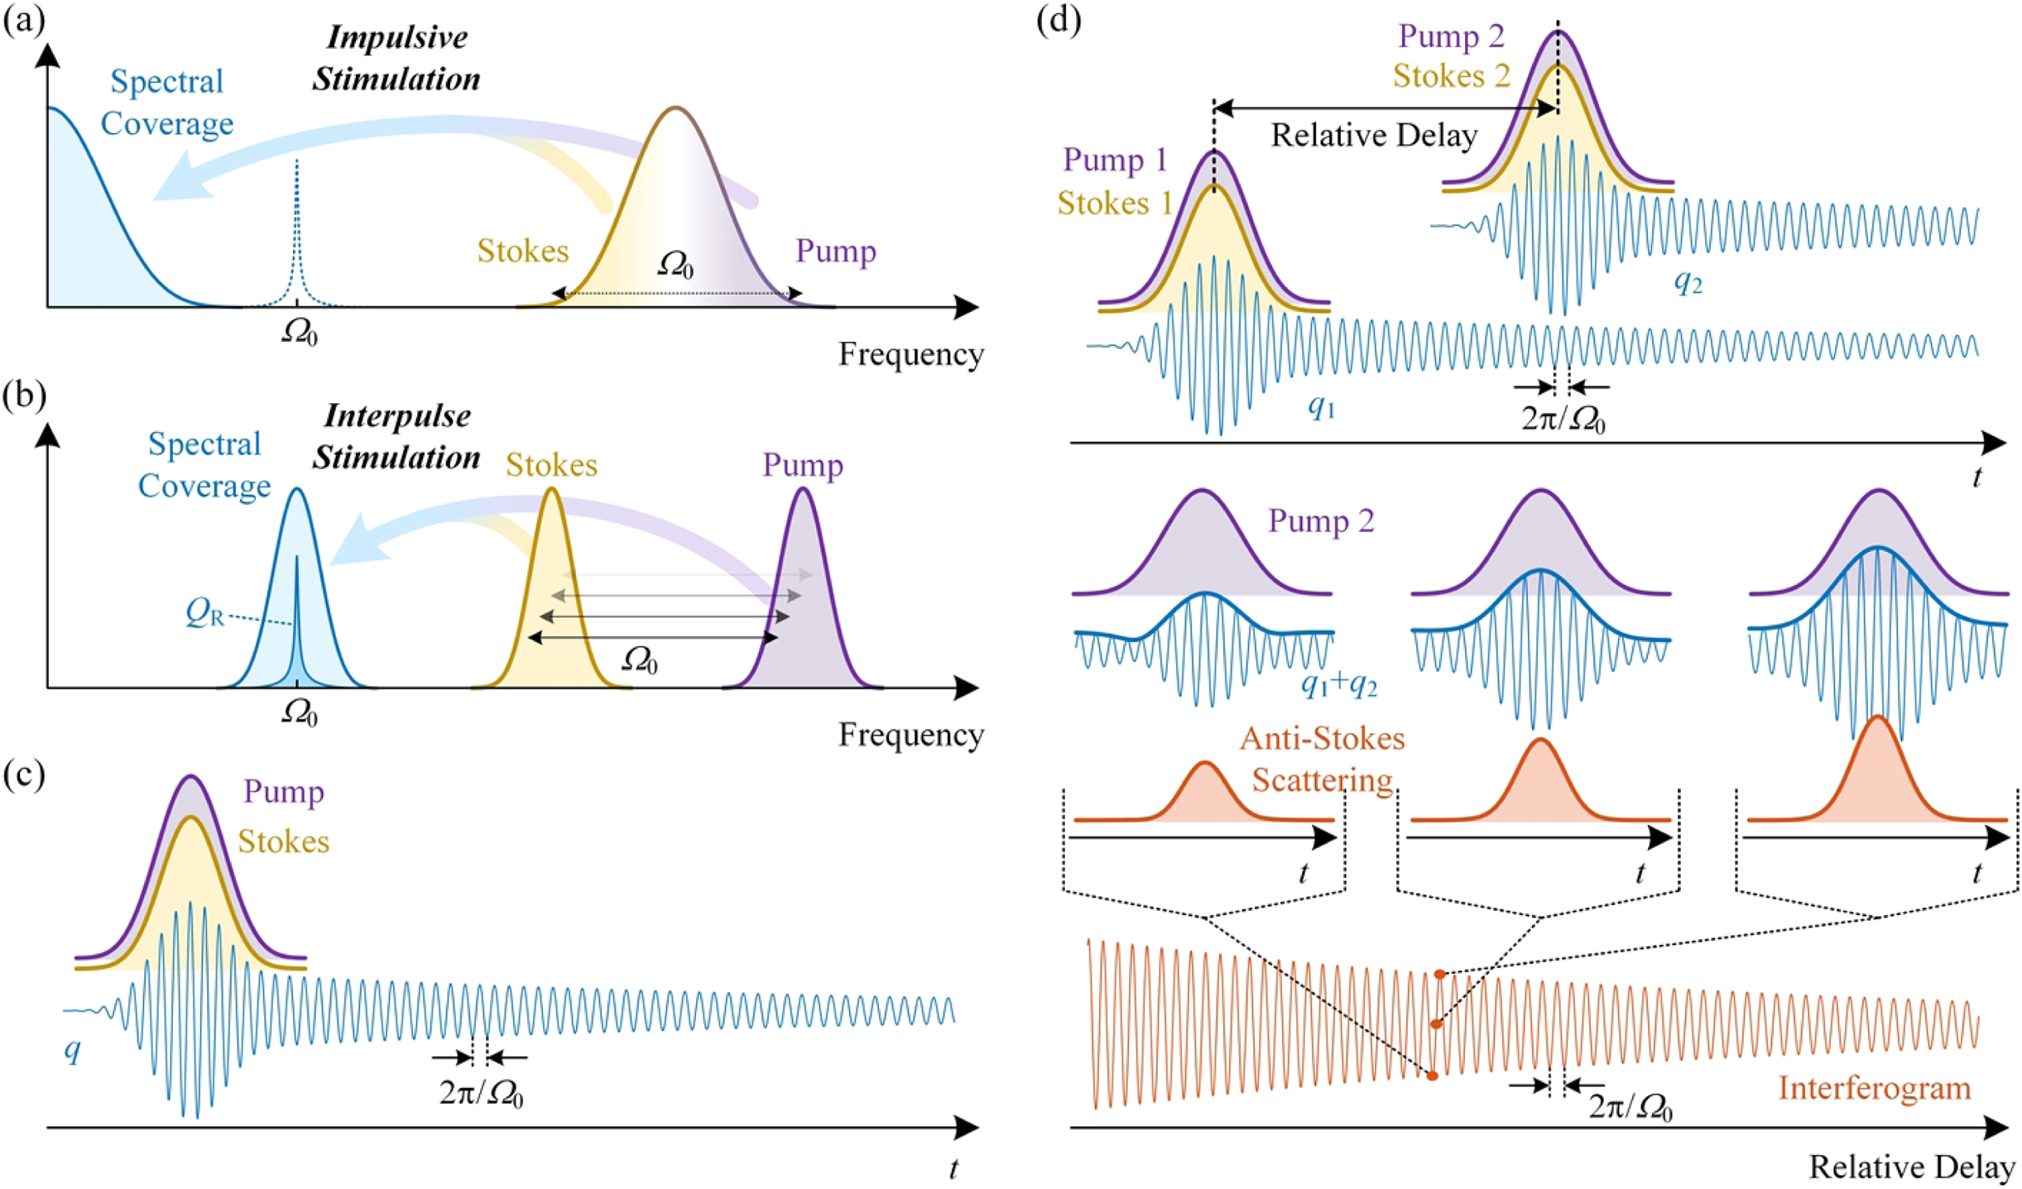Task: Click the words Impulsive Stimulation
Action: [x=396, y=58]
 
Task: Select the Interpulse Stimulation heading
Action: [x=396, y=436]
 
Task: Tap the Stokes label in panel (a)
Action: [x=523, y=251]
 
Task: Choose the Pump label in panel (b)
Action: [x=803, y=465]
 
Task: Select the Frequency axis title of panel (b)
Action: [x=911, y=735]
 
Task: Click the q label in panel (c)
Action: [x=73, y=1050]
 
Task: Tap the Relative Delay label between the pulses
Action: [x=1374, y=135]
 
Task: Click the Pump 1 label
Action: [x=1116, y=160]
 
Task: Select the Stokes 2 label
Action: [x=1452, y=76]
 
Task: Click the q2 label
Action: [x=1688, y=283]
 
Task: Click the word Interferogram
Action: [x=1875, y=1087]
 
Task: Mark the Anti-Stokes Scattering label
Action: [x=1323, y=759]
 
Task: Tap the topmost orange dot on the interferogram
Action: [x=1440, y=975]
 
